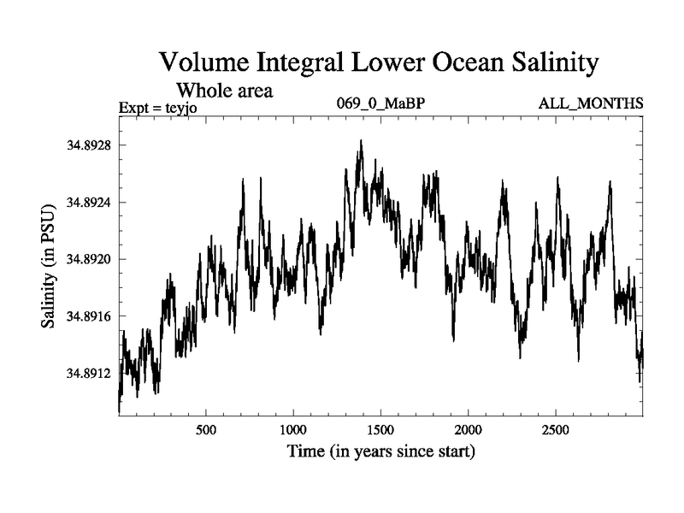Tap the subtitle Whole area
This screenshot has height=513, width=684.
[224, 90]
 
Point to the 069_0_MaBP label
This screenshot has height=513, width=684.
[380, 104]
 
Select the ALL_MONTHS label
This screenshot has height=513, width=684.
[590, 104]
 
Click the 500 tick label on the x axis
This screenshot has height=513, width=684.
[206, 428]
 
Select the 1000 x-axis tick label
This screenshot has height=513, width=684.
[293, 428]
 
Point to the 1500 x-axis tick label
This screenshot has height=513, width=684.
[380, 428]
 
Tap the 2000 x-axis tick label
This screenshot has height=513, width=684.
[469, 428]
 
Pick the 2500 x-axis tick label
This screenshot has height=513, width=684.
[556, 428]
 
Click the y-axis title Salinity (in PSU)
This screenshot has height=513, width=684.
[49, 265]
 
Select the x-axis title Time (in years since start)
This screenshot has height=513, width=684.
[380, 451]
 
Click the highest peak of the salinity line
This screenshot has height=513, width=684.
[361, 141]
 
